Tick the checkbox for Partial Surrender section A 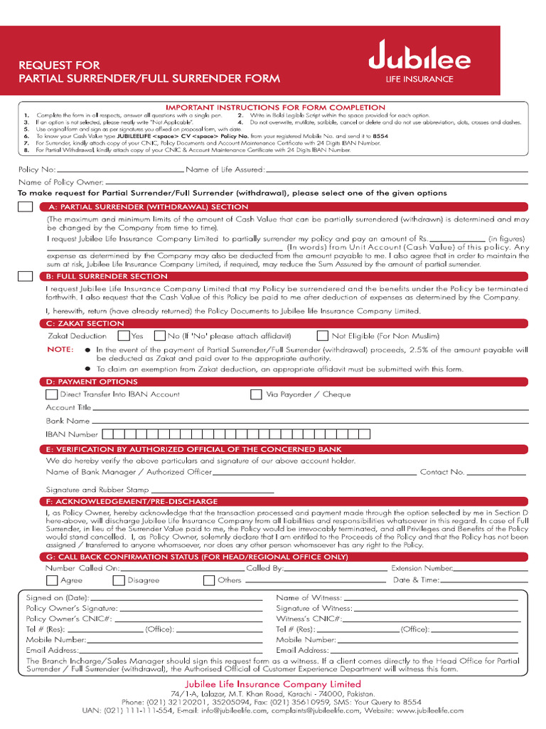(25, 206)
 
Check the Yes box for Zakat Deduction (124, 335)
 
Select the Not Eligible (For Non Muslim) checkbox (323, 335)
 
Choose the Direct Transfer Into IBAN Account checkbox (51, 394)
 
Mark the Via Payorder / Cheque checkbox (256, 394)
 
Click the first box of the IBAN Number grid (108, 434)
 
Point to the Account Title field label (68, 408)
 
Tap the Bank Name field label (68, 421)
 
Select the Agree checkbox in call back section (52, 580)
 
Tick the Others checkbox (208, 580)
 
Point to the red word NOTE (60, 350)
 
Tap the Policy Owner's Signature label (72, 609)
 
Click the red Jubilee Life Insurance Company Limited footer (273, 684)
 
